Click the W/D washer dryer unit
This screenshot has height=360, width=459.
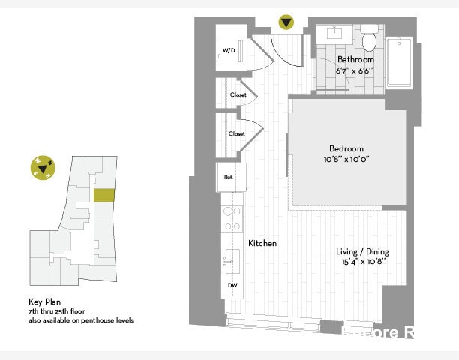[x=229, y=50]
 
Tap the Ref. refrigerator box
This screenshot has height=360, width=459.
[x=229, y=177]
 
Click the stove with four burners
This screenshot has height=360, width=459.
[x=232, y=217]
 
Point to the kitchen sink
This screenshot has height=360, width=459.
[x=231, y=259]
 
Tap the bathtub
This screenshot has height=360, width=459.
[x=399, y=63]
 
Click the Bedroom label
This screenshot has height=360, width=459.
[x=346, y=148]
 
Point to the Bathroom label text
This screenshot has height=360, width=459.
[x=355, y=59]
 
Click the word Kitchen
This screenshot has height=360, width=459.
[x=262, y=244]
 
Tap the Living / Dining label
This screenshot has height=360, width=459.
[x=362, y=251]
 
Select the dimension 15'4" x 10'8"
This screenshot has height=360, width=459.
[x=362, y=262]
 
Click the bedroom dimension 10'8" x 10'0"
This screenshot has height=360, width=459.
[x=346, y=159]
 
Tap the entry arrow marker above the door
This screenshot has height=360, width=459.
[x=286, y=22]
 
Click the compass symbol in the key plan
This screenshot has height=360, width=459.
[x=42, y=168]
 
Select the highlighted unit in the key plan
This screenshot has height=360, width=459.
[x=104, y=195]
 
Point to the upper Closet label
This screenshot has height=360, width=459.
[x=238, y=95]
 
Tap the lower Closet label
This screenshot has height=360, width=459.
[x=237, y=133]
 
